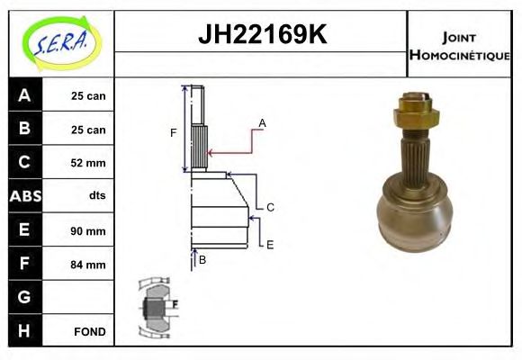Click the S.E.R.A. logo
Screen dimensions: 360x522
pos(61,42)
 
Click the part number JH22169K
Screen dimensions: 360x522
pos(261,36)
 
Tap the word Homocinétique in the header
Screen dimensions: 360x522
pos(460,54)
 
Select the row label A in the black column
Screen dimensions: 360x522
pos(24,95)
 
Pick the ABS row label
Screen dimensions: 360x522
pos(24,196)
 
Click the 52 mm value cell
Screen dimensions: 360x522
pos(88,163)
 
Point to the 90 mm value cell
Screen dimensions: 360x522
pos(88,230)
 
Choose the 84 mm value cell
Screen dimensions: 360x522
pos(88,265)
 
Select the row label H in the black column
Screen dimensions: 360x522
pos(24,331)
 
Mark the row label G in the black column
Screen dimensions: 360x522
pos(24,297)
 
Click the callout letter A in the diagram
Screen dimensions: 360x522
pos(262,122)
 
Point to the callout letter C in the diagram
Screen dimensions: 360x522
pos(269,207)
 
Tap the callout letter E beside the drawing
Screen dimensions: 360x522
pos(269,244)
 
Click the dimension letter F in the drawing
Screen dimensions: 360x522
pos(174,133)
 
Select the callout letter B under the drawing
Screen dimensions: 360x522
pos(202,259)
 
